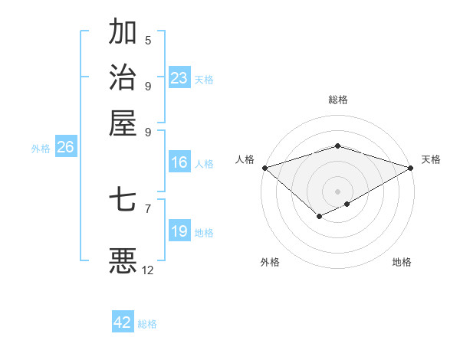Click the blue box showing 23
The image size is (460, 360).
coord(179,78)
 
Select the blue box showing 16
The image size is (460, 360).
coord(179,162)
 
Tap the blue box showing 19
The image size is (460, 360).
coord(179,231)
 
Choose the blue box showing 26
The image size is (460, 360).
coord(65,148)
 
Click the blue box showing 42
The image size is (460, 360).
coord(123,322)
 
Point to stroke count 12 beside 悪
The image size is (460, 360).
coord(148,270)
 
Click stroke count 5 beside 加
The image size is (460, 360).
coord(148,41)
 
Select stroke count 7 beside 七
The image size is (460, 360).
coord(148,208)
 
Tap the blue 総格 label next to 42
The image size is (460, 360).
coord(147,324)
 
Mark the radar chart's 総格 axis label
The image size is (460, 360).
coord(337,100)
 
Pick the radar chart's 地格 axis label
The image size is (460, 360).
coord(402,262)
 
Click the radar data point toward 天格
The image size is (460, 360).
coord(411,168)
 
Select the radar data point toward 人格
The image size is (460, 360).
coord(264,168)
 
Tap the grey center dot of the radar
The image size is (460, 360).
coord(337,191)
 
